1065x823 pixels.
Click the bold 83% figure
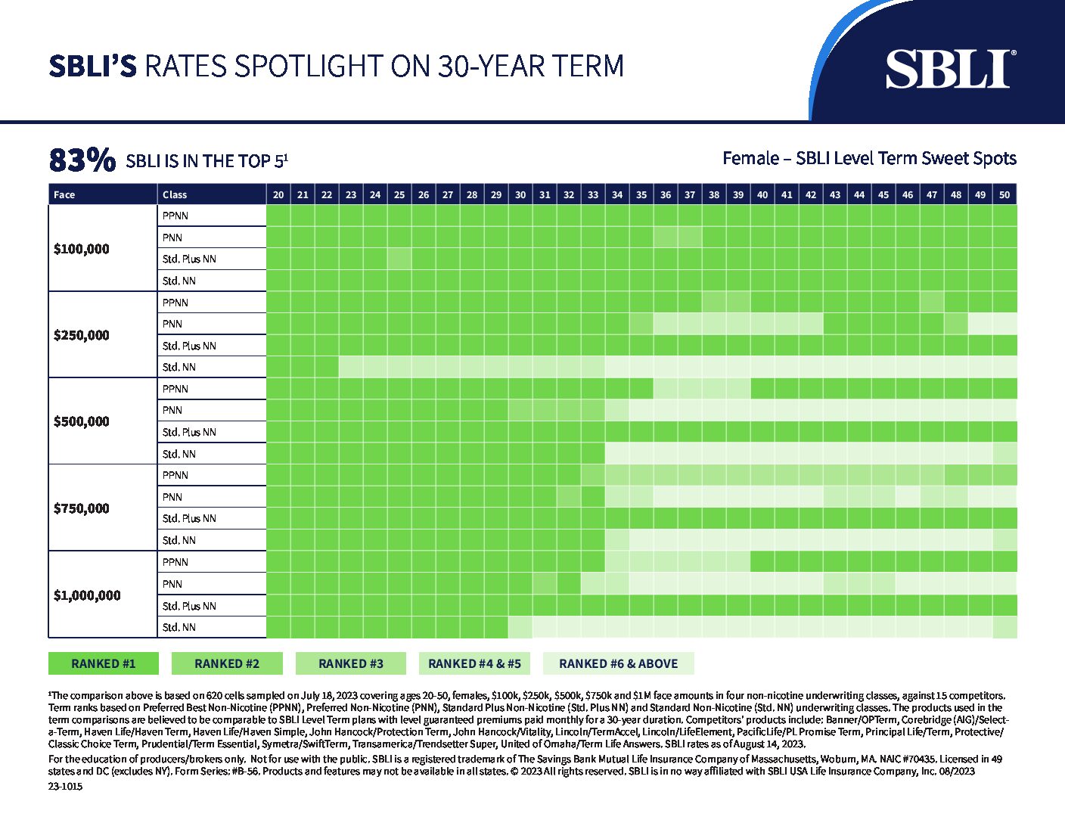[x=82, y=160]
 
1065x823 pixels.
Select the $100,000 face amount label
[x=82, y=249]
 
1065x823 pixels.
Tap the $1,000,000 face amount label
[x=87, y=595]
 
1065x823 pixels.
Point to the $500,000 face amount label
[x=82, y=421]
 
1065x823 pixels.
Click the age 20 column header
[x=278, y=194]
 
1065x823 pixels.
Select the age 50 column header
[x=1004, y=194]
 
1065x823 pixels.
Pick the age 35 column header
[x=641, y=194]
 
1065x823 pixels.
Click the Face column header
[x=64, y=194]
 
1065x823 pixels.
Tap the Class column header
[x=175, y=194]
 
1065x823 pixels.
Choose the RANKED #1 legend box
[x=104, y=663]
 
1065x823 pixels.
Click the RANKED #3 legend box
[x=351, y=663]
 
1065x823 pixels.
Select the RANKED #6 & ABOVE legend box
[x=618, y=663]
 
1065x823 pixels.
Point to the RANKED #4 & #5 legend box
[x=474, y=663]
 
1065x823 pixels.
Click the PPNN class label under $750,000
[x=175, y=475]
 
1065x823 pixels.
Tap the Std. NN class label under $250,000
[x=179, y=367]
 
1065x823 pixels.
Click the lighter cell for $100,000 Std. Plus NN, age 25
[x=399, y=259]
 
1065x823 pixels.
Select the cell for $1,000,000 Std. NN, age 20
[x=278, y=627]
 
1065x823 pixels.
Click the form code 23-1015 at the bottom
[x=65, y=786]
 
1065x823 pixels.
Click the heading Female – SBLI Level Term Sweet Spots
[x=869, y=158]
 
